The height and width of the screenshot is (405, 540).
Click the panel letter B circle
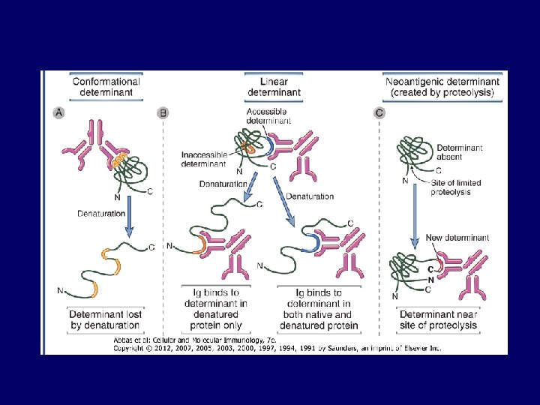point(163,112)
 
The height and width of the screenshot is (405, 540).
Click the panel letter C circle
point(379,112)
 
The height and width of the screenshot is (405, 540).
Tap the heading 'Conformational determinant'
point(106,87)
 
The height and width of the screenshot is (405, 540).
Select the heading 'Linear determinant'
point(274,87)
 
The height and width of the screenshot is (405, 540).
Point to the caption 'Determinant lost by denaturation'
point(106,319)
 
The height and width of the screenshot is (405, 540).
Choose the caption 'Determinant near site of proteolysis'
point(439,319)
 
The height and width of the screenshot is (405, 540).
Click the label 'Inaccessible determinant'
point(203,159)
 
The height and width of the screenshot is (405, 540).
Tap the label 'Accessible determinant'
point(268,115)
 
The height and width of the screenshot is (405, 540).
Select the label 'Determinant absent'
point(460,153)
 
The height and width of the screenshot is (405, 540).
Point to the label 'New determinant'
point(457,238)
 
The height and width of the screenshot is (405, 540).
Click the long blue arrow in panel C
point(415,217)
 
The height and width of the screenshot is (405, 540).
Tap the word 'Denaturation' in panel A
point(100,214)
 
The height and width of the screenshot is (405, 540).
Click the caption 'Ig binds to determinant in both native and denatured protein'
point(318,309)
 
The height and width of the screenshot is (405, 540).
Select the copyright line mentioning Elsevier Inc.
point(277,348)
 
